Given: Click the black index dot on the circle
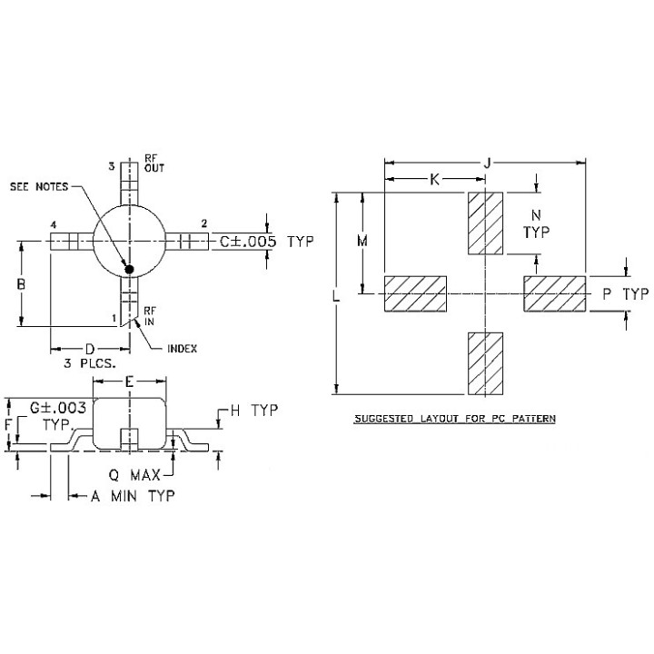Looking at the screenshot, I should pos(129,269).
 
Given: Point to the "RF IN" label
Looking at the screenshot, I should pos(150,316).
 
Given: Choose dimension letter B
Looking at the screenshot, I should pos(21,284).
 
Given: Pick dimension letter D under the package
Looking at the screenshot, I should pos(89,349).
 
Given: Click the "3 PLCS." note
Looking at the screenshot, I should pos(89,363).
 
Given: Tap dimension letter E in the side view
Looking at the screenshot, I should pos(129,381).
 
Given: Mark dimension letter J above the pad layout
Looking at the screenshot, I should pos(487,163).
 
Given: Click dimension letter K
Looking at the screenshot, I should pos(434,180).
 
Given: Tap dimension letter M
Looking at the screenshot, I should pos(362,242).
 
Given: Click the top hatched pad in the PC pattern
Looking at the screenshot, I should pos(485,223).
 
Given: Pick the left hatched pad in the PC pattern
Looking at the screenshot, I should pos(416,294).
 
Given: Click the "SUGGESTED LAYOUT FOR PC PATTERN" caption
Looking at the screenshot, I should pos(453,419).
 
